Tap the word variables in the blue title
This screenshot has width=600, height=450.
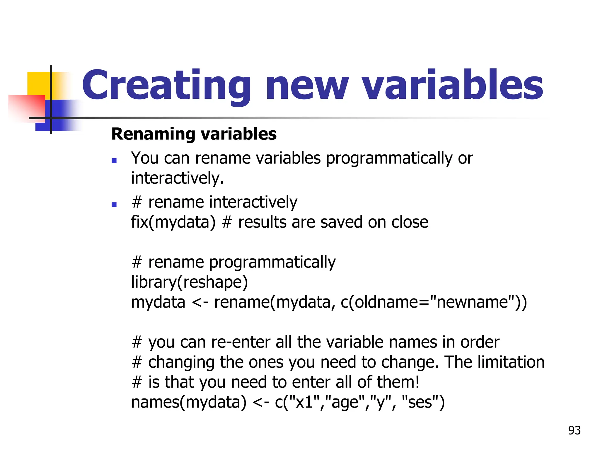[453, 85]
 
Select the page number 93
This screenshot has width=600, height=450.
[574, 430]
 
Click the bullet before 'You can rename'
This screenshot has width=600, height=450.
[114, 161]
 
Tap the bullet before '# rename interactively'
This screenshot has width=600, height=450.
[114, 204]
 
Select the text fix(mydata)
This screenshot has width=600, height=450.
[173, 222]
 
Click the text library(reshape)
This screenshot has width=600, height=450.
[189, 282]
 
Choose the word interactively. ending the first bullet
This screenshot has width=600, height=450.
[178, 178]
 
